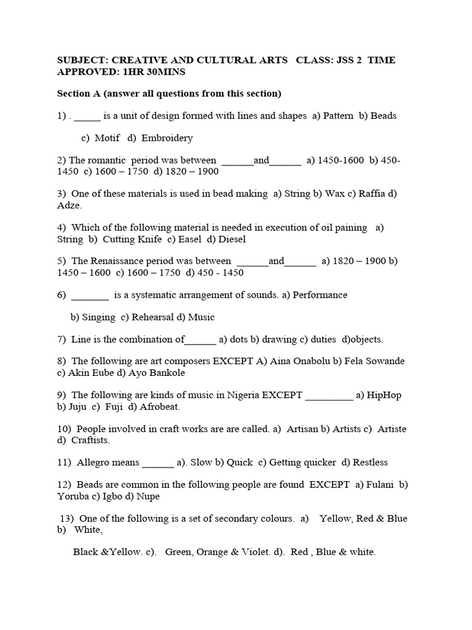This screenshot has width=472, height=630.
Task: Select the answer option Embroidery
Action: point(167,138)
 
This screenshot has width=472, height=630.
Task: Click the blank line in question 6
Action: point(90,295)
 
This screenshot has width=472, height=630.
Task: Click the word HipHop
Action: point(384,395)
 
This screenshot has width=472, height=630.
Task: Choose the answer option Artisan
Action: point(302,429)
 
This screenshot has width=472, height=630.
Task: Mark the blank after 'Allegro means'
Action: point(158,463)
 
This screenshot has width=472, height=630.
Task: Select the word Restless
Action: point(369,463)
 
